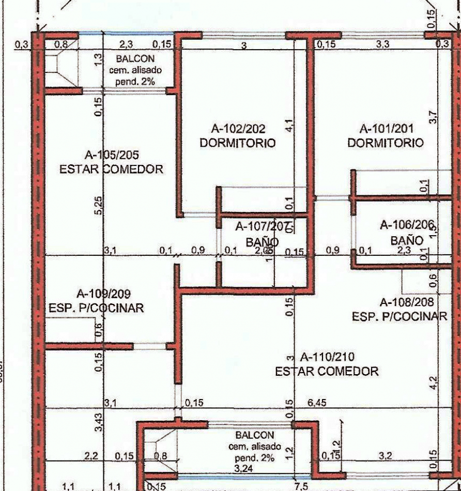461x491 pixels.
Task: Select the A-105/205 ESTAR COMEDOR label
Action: [111, 161]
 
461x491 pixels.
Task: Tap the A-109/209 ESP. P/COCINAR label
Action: [96, 301]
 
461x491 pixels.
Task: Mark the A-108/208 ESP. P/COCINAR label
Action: [399, 309]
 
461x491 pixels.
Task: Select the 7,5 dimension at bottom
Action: [300, 485]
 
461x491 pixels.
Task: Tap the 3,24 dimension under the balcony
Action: [241, 468]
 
